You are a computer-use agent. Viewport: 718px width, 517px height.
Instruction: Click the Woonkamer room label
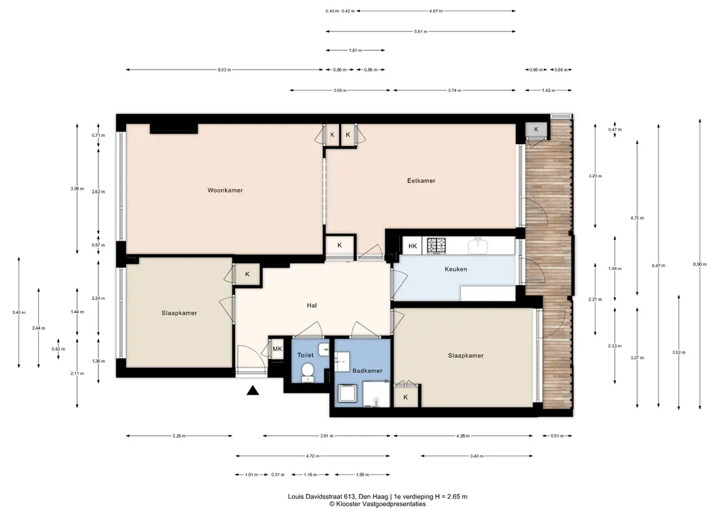[225, 191]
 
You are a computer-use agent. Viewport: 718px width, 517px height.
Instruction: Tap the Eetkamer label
[421, 180]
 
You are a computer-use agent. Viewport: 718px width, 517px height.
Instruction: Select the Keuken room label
[456, 269]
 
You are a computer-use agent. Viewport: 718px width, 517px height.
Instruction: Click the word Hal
[312, 305]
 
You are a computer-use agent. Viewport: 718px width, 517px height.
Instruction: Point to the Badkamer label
[367, 370]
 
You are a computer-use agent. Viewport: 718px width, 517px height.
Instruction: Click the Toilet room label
[305, 355]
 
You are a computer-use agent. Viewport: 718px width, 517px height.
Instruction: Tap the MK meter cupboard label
[278, 349]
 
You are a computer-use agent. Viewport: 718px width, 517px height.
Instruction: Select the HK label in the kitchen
[413, 246]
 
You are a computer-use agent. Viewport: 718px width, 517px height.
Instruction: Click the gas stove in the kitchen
[436, 246]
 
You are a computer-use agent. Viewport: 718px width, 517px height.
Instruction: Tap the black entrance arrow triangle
[253, 390]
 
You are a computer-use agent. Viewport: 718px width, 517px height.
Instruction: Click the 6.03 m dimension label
[224, 70]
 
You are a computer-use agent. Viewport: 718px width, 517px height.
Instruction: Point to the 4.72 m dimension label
[313, 456]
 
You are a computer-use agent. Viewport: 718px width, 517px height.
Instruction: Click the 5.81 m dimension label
[420, 31]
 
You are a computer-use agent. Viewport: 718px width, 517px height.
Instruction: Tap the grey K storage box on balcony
[536, 130]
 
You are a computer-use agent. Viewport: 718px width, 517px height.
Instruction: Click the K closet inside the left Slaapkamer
[247, 274]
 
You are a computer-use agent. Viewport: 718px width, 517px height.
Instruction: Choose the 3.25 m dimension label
[179, 436]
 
